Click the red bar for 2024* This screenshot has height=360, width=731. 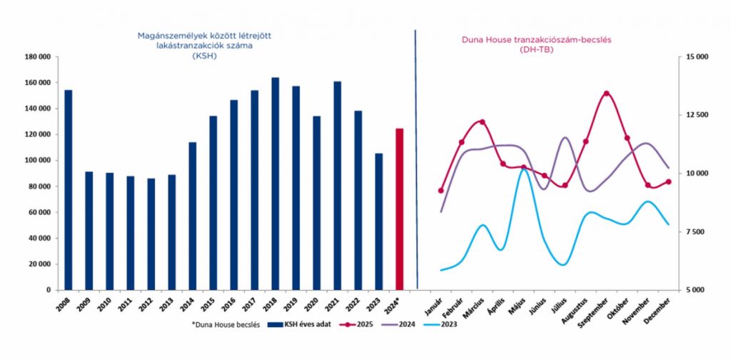[x=400, y=209]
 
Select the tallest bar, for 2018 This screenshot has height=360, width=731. [x=275, y=184]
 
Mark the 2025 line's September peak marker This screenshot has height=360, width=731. [x=606, y=94]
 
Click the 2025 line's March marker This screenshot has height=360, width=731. [x=482, y=122]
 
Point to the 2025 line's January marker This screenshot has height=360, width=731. [x=441, y=190]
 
